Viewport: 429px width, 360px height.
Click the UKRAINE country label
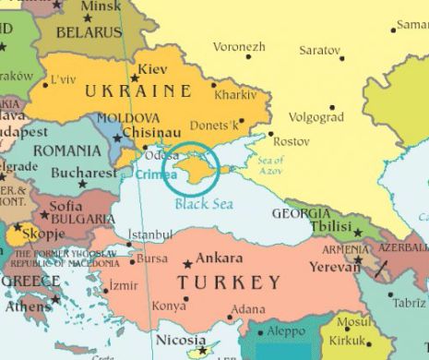[x=137, y=91]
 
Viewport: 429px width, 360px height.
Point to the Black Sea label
[x=203, y=204]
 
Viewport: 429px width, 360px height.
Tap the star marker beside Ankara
[x=189, y=263]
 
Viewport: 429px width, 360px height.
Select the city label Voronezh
[x=239, y=46]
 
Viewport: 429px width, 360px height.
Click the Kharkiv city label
[x=234, y=94]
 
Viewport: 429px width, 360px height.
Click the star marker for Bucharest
[x=83, y=184]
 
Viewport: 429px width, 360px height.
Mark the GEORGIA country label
[x=301, y=213]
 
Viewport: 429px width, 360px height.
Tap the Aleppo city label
[x=286, y=330]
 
